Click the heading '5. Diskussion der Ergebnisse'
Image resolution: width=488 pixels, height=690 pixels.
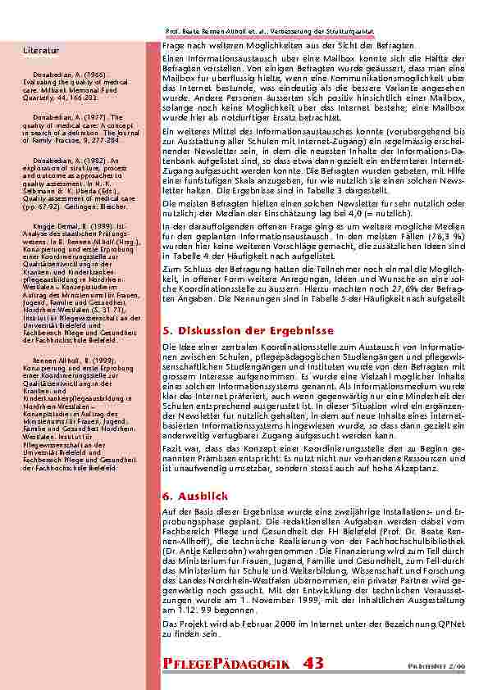coord(246,330)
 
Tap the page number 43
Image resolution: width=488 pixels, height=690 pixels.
coord(313,663)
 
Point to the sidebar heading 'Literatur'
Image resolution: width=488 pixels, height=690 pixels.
coord(40,50)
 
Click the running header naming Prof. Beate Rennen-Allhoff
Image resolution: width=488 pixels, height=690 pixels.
coord(269,31)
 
